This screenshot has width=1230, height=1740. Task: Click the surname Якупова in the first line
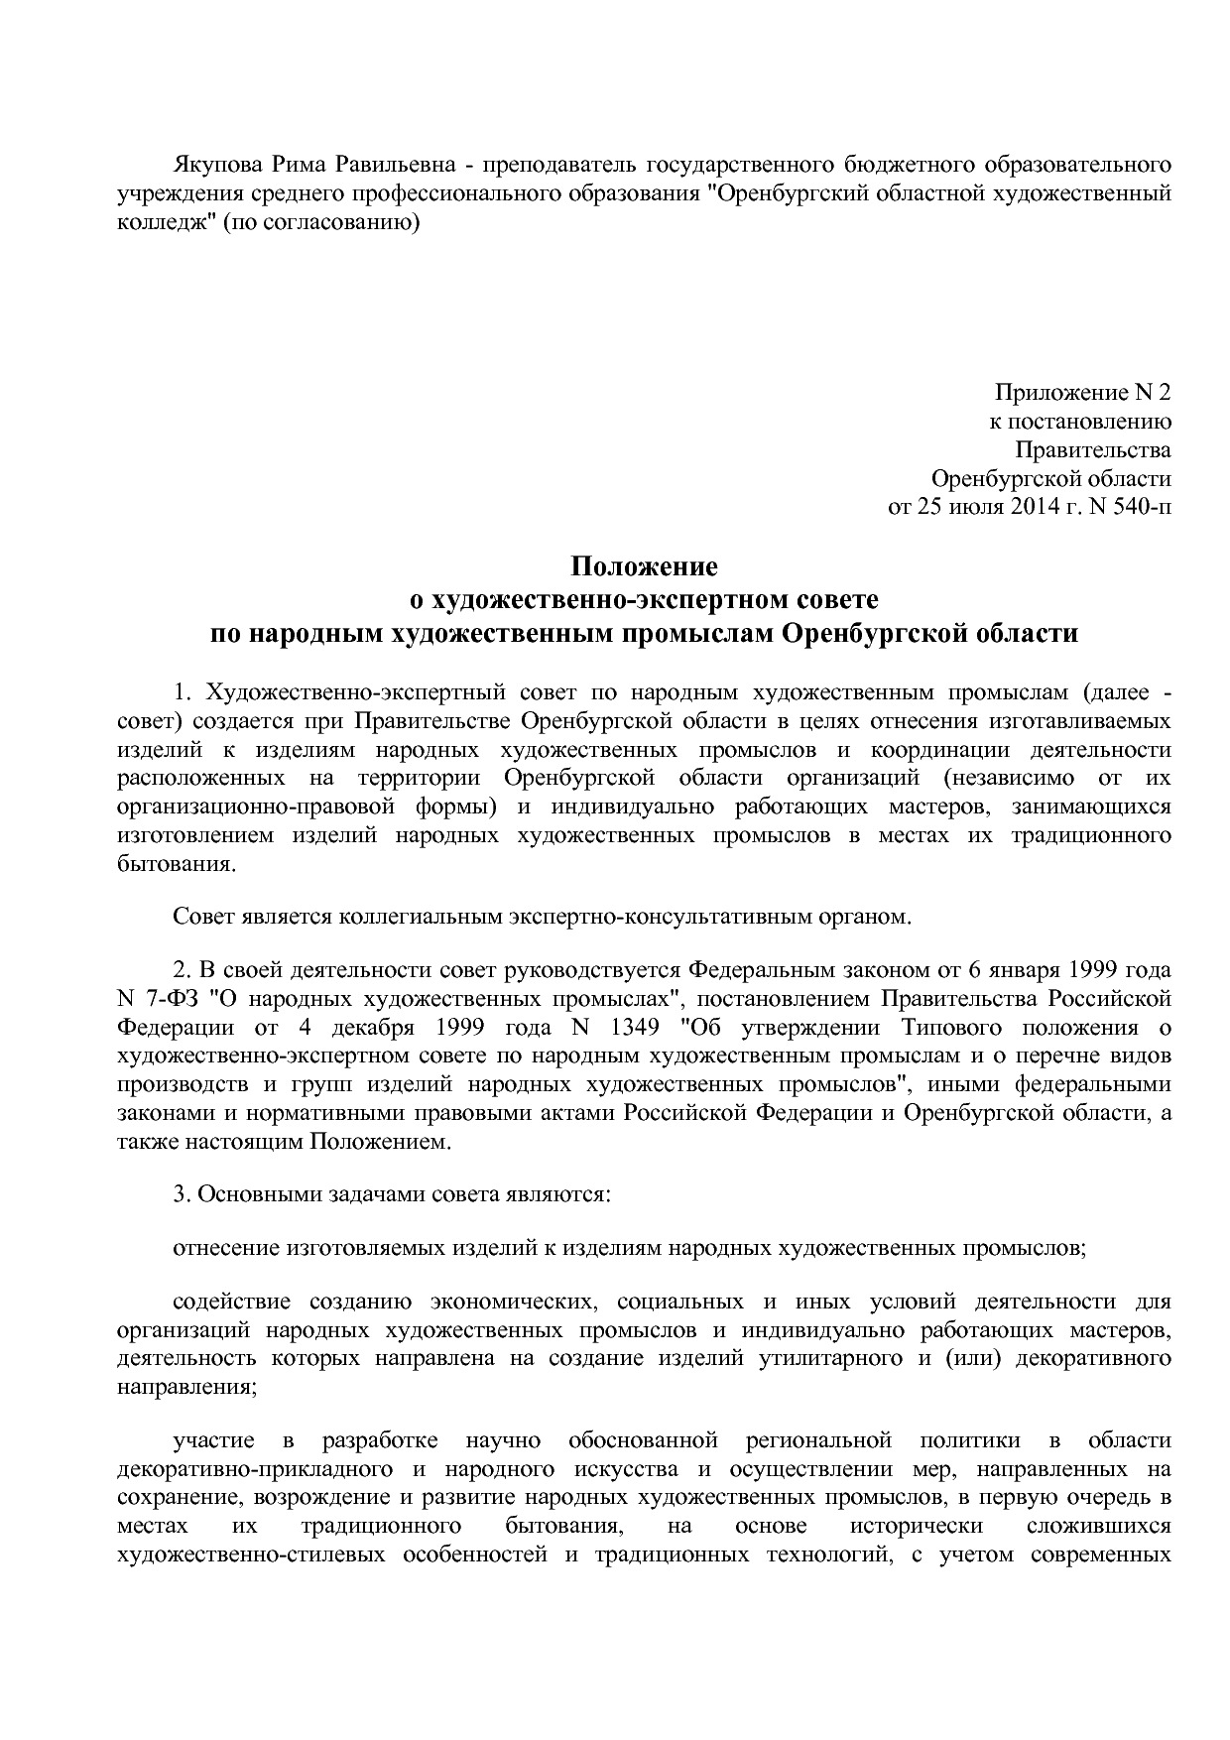click(219, 163)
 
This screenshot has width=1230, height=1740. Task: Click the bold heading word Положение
click(643, 567)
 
